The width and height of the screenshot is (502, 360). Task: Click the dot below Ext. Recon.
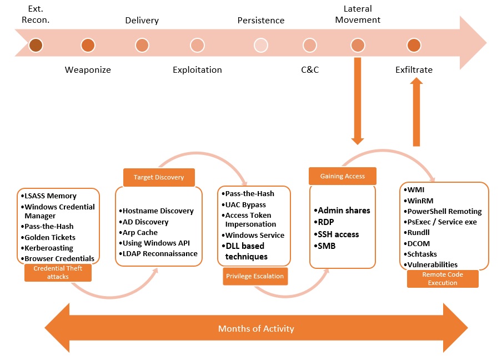click(36, 45)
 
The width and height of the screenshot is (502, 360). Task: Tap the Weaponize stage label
click(88, 70)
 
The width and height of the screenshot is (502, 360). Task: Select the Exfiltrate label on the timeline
click(414, 70)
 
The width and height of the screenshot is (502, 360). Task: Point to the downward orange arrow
click(358, 100)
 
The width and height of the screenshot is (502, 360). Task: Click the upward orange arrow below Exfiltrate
click(416, 111)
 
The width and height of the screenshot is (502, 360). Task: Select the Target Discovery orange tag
click(159, 177)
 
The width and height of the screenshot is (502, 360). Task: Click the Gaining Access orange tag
click(343, 176)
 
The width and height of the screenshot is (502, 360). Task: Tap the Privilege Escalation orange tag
click(255, 276)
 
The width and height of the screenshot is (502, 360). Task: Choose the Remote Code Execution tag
click(443, 278)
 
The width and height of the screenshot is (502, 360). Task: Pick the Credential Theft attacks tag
click(58, 272)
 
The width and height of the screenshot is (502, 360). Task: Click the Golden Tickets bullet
click(49, 237)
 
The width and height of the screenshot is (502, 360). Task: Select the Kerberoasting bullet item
click(51, 248)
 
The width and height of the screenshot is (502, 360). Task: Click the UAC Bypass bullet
click(245, 204)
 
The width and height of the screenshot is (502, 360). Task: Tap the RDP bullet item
click(326, 222)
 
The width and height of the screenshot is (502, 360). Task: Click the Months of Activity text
click(256, 328)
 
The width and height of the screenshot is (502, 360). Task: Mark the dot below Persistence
click(261, 45)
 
